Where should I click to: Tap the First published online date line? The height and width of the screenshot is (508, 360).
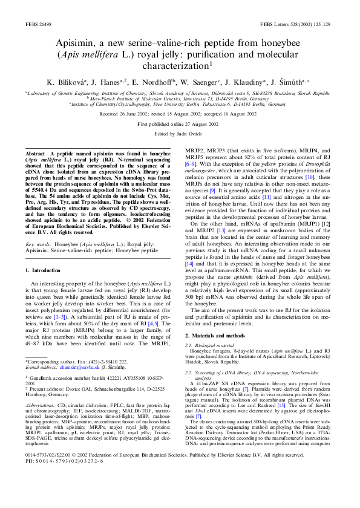(180, 123)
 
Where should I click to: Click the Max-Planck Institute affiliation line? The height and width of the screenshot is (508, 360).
(180, 99)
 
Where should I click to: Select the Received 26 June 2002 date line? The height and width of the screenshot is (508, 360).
(180, 113)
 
